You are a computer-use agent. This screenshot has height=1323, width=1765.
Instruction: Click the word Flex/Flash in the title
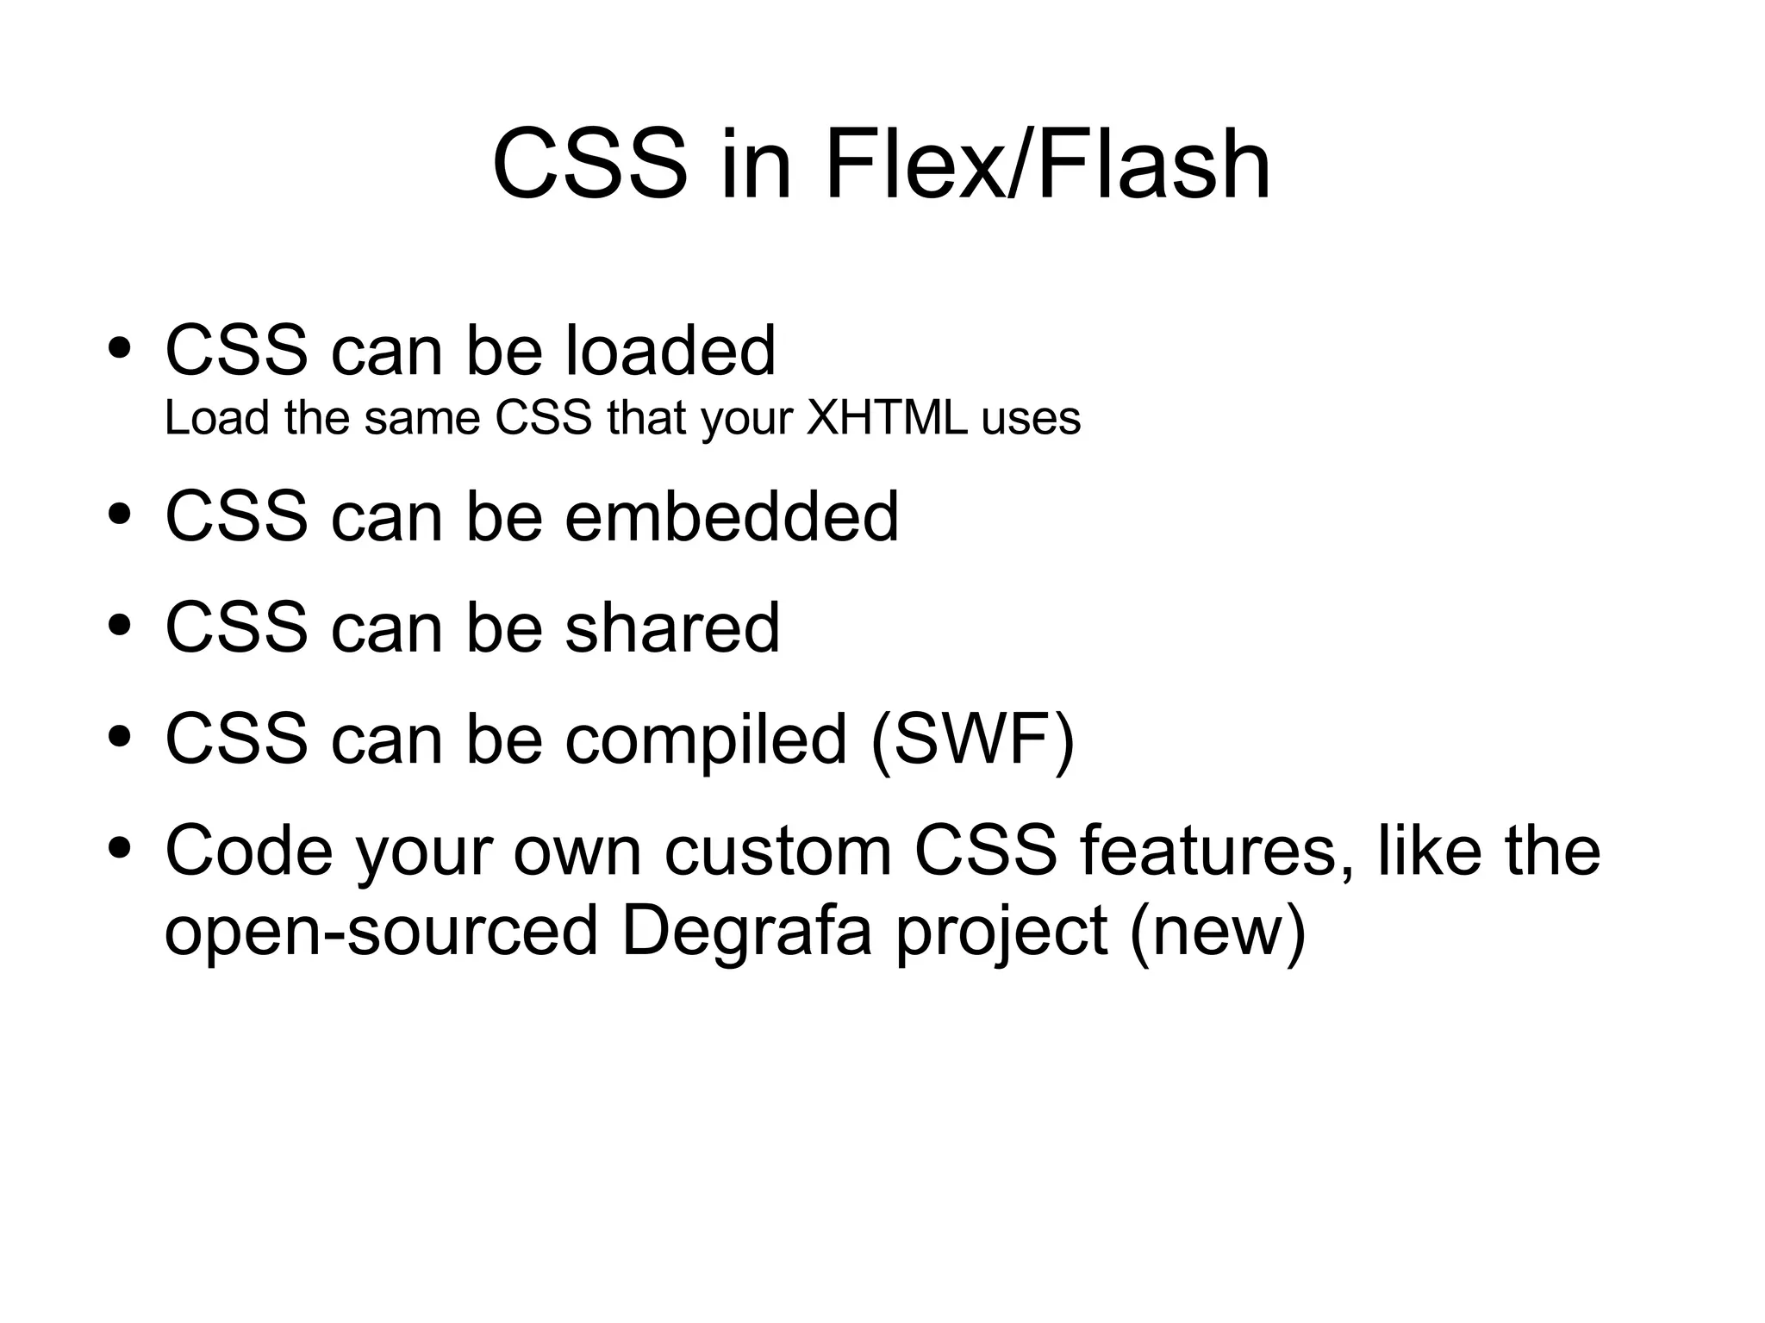tap(1046, 164)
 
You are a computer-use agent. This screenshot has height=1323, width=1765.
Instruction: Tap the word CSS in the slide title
tap(589, 164)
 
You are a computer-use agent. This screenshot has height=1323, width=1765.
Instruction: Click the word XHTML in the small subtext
tap(886, 419)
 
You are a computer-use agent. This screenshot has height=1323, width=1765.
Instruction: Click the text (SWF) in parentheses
tap(973, 739)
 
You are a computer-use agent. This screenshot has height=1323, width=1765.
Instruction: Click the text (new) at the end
tap(1217, 933)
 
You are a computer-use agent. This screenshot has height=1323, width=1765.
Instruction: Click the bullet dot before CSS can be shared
tap(120, 627)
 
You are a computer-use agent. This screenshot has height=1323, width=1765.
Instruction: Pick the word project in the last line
tap(1001, 934)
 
